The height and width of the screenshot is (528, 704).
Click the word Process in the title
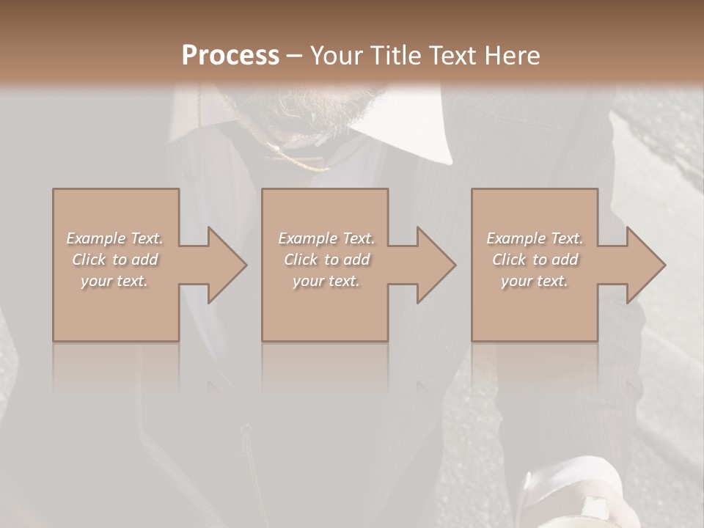(230, 55)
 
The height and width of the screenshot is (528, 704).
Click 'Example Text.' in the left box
(114, 238)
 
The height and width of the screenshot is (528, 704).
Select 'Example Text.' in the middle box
(326, 238)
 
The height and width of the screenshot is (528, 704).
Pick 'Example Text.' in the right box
(535, 238)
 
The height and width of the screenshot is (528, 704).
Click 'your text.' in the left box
(114, 281)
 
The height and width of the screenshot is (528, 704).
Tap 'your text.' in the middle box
(326, 281)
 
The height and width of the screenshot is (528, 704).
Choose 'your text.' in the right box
(535, 281)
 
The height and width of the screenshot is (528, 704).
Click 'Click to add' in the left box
(114, 260)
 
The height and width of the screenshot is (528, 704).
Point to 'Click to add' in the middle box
(326, 260)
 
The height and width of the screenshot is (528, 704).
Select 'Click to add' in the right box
(535, 260)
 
